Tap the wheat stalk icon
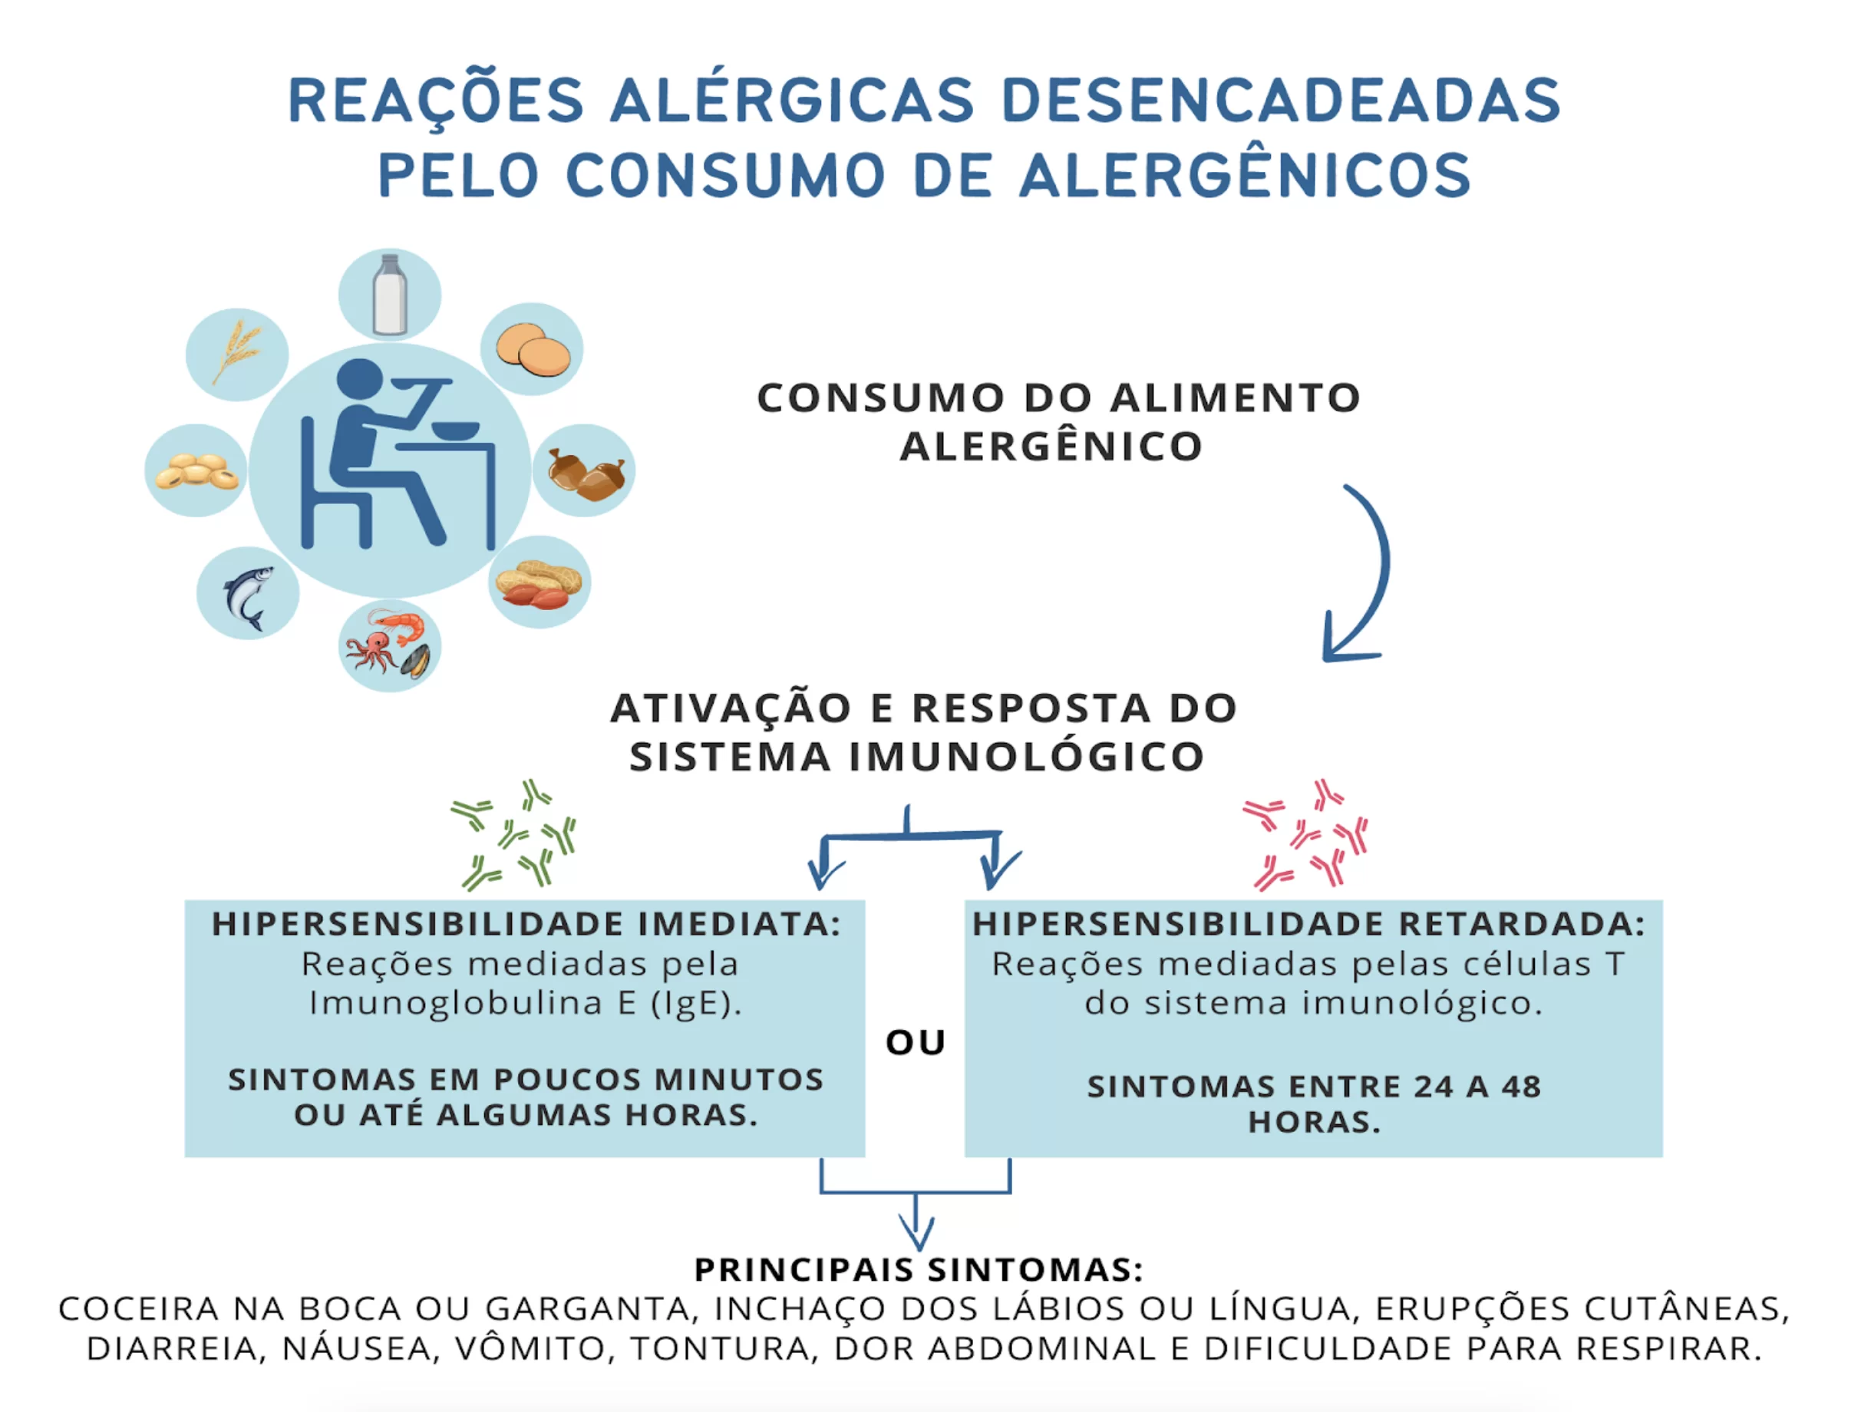tap(236, 352)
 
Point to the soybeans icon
tap(196, 471)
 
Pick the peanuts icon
tap(539, 583)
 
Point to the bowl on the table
tap(457, 431)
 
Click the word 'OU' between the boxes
tap(916, 1042)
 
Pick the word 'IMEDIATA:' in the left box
tap(740, 924)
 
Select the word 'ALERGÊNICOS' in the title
tap(1245, 176)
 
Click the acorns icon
tap(586, 473)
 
